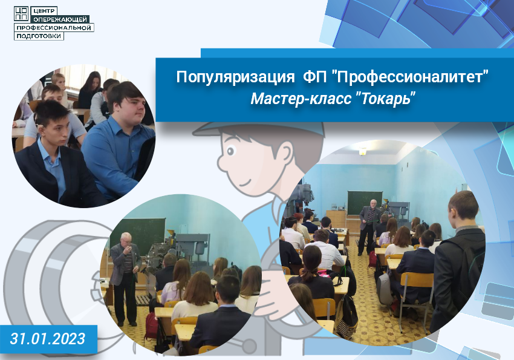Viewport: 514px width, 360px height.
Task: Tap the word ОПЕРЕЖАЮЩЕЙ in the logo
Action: (x=60, y=19)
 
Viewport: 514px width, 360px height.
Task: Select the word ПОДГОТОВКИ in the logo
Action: (x=39, y=36)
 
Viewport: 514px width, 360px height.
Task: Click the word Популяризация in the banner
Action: (x=235, y=77)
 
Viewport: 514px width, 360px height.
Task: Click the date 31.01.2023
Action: (x=48, y=339)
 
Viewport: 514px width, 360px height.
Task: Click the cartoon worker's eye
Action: (x=231, y=151)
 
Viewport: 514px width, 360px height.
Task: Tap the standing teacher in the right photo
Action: (x=369, y=226)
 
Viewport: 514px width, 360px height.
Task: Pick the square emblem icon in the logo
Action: (x=22, y=14)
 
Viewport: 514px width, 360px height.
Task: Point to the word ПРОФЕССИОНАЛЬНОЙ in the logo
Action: (x=54, y=28)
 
